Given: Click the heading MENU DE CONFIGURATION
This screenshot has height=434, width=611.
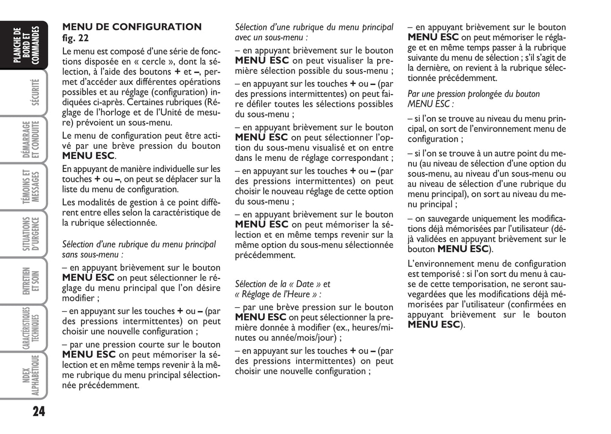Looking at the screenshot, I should pos(132,27).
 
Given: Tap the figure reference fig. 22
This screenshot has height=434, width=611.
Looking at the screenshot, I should pos(76,38).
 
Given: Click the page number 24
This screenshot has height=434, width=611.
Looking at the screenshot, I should pos(38,411).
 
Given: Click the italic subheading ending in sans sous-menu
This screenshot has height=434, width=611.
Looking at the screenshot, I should pos(93,255).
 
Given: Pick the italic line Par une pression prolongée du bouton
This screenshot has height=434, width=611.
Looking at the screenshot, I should pos(474,94).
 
